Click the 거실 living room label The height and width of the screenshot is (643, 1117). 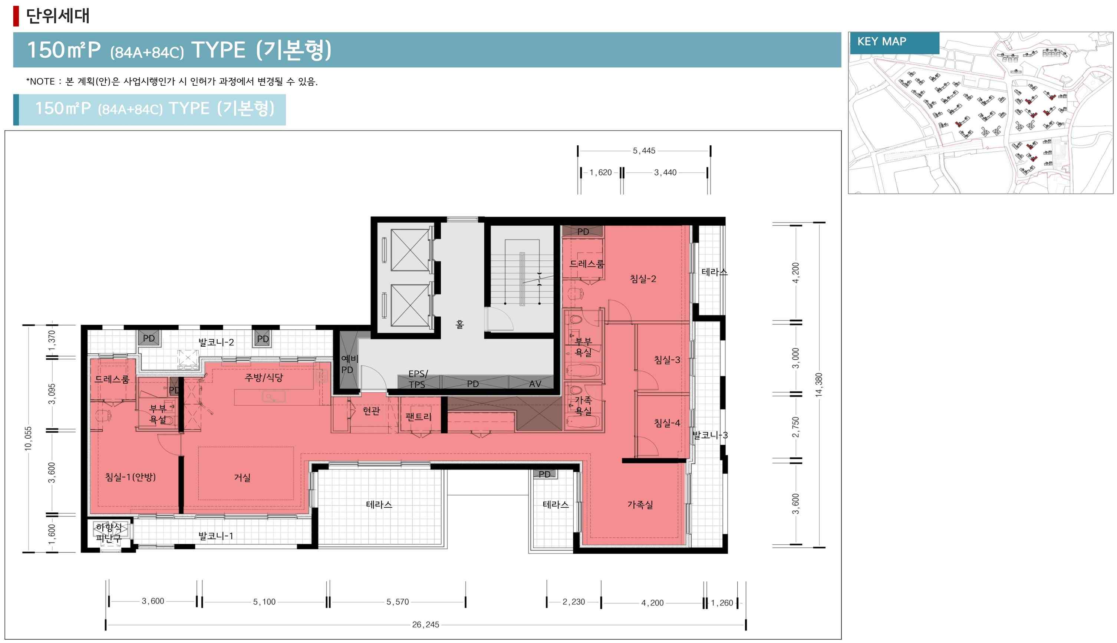(242, 477)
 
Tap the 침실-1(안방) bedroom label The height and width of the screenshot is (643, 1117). (130, 477)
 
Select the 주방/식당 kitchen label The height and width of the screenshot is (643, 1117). (264, 377)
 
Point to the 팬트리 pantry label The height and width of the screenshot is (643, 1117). (418, 416)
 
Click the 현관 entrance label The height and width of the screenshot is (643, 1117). (371, 411)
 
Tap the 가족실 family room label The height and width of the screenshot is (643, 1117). (640, 504)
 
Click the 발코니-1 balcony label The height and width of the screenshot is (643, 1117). (215, 536)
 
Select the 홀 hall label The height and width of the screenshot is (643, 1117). (460, 324)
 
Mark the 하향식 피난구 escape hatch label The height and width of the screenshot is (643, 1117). (109, 532)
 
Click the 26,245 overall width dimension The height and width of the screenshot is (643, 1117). (425, 624)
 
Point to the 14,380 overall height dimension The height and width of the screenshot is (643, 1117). (819, 385)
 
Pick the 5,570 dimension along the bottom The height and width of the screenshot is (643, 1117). (398, 601)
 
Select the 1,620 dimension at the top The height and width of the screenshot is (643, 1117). (600, 172)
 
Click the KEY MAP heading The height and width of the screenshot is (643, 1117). (882, 42)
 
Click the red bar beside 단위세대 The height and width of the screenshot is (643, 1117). (16, 16)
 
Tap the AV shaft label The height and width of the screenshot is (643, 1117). (535, 384)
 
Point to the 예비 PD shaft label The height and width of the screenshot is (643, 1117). (349, 364)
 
